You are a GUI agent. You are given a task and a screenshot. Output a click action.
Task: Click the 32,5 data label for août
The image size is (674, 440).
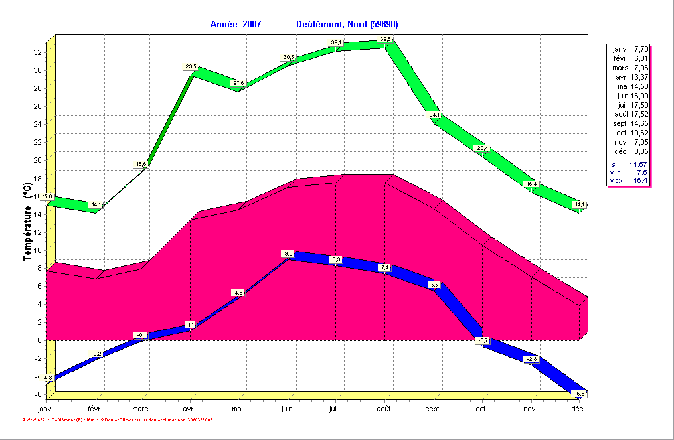(x=385, y=40)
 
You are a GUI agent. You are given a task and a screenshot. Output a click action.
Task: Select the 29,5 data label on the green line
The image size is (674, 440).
(x=191, y=66)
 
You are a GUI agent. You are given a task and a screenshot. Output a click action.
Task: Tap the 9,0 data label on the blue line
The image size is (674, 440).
(x=288, y=254)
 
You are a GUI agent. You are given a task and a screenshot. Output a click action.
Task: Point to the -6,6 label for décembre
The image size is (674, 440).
(x=580, y=394)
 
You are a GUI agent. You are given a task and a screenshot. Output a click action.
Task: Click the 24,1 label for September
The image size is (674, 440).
(x=434, y=115)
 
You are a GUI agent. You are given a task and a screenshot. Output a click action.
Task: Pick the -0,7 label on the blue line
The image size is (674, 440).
(x=483, y=340)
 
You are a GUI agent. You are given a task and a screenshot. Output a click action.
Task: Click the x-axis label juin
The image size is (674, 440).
(x=288, y=409)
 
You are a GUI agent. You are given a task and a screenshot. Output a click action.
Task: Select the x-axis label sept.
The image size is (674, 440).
(x=433, y=409)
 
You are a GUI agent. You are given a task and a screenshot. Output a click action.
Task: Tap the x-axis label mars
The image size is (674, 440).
(x=141, y=409)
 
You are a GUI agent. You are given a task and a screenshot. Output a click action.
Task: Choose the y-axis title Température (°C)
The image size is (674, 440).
(x=28, y=224)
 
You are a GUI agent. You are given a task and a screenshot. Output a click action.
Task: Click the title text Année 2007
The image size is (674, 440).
(x=236, y=24)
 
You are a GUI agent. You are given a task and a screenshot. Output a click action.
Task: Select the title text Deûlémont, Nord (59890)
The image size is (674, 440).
(x=347, y=24)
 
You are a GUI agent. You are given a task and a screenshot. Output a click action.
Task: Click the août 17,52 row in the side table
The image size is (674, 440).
(x=629, y=114)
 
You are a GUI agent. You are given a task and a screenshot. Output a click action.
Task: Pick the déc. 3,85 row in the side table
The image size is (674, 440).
(x=629, y=151)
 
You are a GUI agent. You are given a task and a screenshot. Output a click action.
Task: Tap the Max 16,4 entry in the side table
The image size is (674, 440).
(x=629, y=181)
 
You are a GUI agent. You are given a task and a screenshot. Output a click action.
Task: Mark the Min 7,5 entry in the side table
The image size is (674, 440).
(x=629, y=172)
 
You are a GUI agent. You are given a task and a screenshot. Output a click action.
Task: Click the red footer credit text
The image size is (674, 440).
(x=118, y=420)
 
